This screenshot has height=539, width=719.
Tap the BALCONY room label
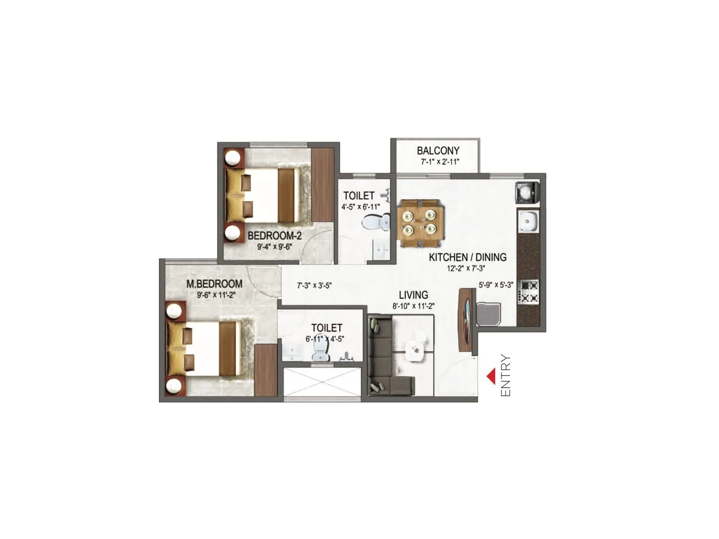(438, 151)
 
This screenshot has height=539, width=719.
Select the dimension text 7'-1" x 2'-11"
(440, 162)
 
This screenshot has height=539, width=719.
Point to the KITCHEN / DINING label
(467, 257)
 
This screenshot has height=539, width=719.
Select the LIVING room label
(413, 295)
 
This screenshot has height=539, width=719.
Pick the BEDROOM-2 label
(275, 236)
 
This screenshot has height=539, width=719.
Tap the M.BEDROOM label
(214, 284)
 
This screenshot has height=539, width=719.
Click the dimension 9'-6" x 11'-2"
(216, 295)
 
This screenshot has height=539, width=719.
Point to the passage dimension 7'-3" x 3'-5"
(315, 286)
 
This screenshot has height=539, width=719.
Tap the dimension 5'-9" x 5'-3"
(496, 285)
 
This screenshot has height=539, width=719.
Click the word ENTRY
(506, 376)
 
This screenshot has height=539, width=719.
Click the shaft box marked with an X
(322, 382)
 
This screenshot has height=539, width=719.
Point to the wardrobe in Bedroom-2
(322, 185)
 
